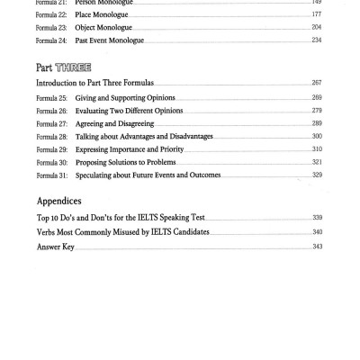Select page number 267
316,82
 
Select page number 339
316,220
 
